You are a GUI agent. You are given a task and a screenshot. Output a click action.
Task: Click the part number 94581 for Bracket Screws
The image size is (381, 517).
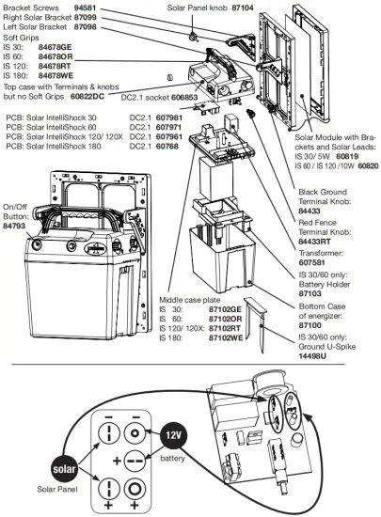click(x=87, y=7)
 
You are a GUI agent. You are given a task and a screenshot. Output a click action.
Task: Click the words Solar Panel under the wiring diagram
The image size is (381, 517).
click(x=58, y=489)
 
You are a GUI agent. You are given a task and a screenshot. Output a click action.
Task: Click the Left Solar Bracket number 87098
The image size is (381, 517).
click(x=86, y=27)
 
